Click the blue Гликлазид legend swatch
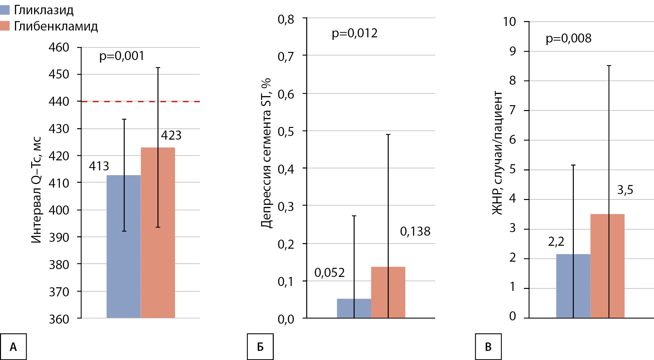[5, 10]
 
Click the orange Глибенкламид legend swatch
[5, 26]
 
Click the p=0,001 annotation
[122, 56]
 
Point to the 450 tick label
[59, 74]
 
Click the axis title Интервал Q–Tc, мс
[36, 190]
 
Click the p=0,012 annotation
[355, 33]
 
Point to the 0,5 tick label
[286, 132]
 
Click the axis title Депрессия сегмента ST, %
[266, 153]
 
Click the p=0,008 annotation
[569, 38]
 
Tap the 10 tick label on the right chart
[509, 22]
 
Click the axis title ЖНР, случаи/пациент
[497, 153]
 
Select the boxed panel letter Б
[260, 347]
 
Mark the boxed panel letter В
[488, 347]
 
